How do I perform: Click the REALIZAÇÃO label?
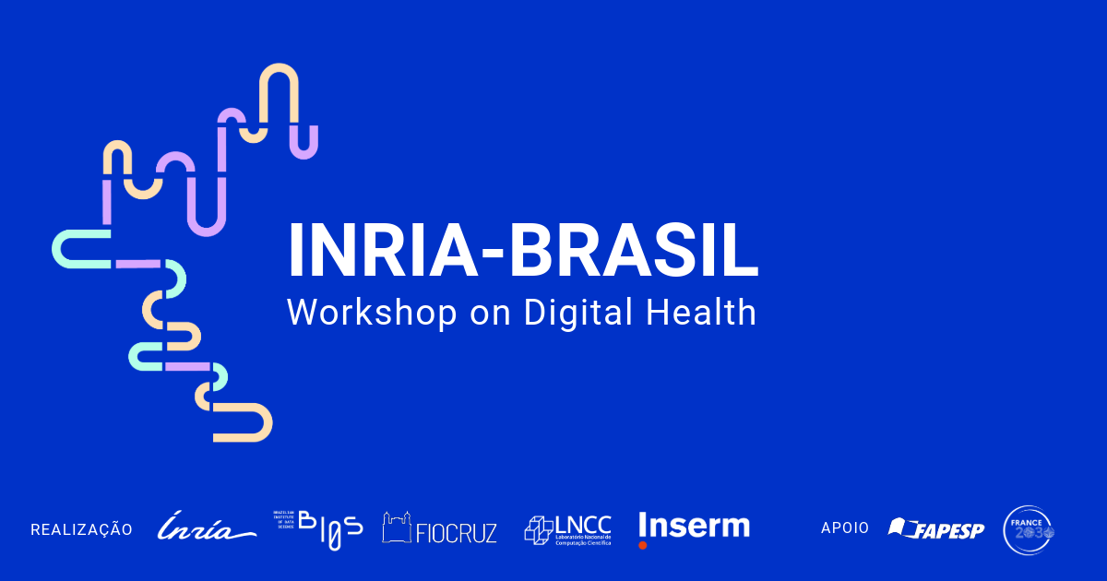81,529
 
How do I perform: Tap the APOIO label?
845,528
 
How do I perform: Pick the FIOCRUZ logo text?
457,532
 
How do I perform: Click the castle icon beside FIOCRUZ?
397,528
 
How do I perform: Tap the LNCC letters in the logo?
583,524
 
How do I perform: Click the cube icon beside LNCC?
538,528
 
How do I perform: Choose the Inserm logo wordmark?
694,525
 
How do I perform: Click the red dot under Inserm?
643,545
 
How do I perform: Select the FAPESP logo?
936,529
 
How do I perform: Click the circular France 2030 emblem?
1028,529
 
